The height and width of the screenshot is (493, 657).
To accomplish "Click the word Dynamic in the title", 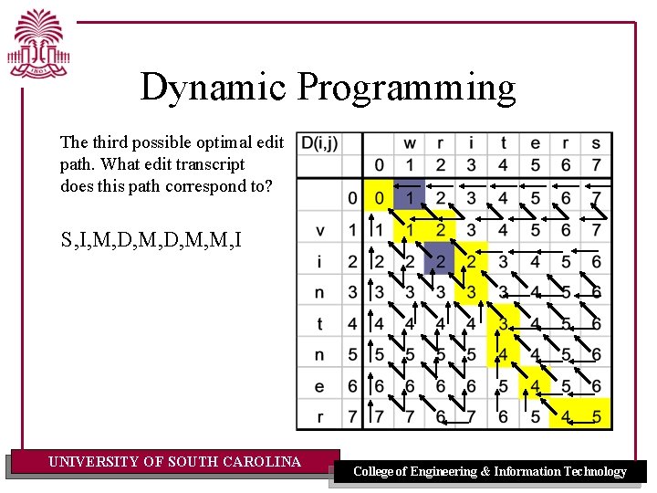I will pyautogui.click(x=214, y=87).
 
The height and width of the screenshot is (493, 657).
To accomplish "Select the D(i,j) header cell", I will pyautogui.click(x=319, y=142).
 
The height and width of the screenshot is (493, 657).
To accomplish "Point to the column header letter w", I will pyautogui.click(x=410, y=142).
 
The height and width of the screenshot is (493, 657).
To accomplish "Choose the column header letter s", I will pyautogui.click(x=596, y=142).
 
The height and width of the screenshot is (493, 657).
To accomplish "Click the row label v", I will pyautogui.click(x=319, y=230).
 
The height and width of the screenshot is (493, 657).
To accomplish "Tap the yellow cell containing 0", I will pyautogui.click(x=378, y=199).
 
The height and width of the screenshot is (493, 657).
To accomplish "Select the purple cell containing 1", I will pyautogui.click(x=410, y=199).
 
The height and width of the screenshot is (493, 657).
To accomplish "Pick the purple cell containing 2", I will pyautogui.click(x=440, y=262).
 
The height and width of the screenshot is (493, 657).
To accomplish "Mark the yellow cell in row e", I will pyautogui.click(x=535, y=386).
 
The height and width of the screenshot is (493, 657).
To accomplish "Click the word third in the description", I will pyautogui.click(x=109, y=142).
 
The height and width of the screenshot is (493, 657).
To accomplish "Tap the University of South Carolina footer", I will pyautogui.click(x=174, y=462).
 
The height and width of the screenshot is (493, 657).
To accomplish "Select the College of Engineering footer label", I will pyautogui.click(x=489, y=471).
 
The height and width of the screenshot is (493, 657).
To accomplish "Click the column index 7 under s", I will pyautogui.click(x=596, y=164).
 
